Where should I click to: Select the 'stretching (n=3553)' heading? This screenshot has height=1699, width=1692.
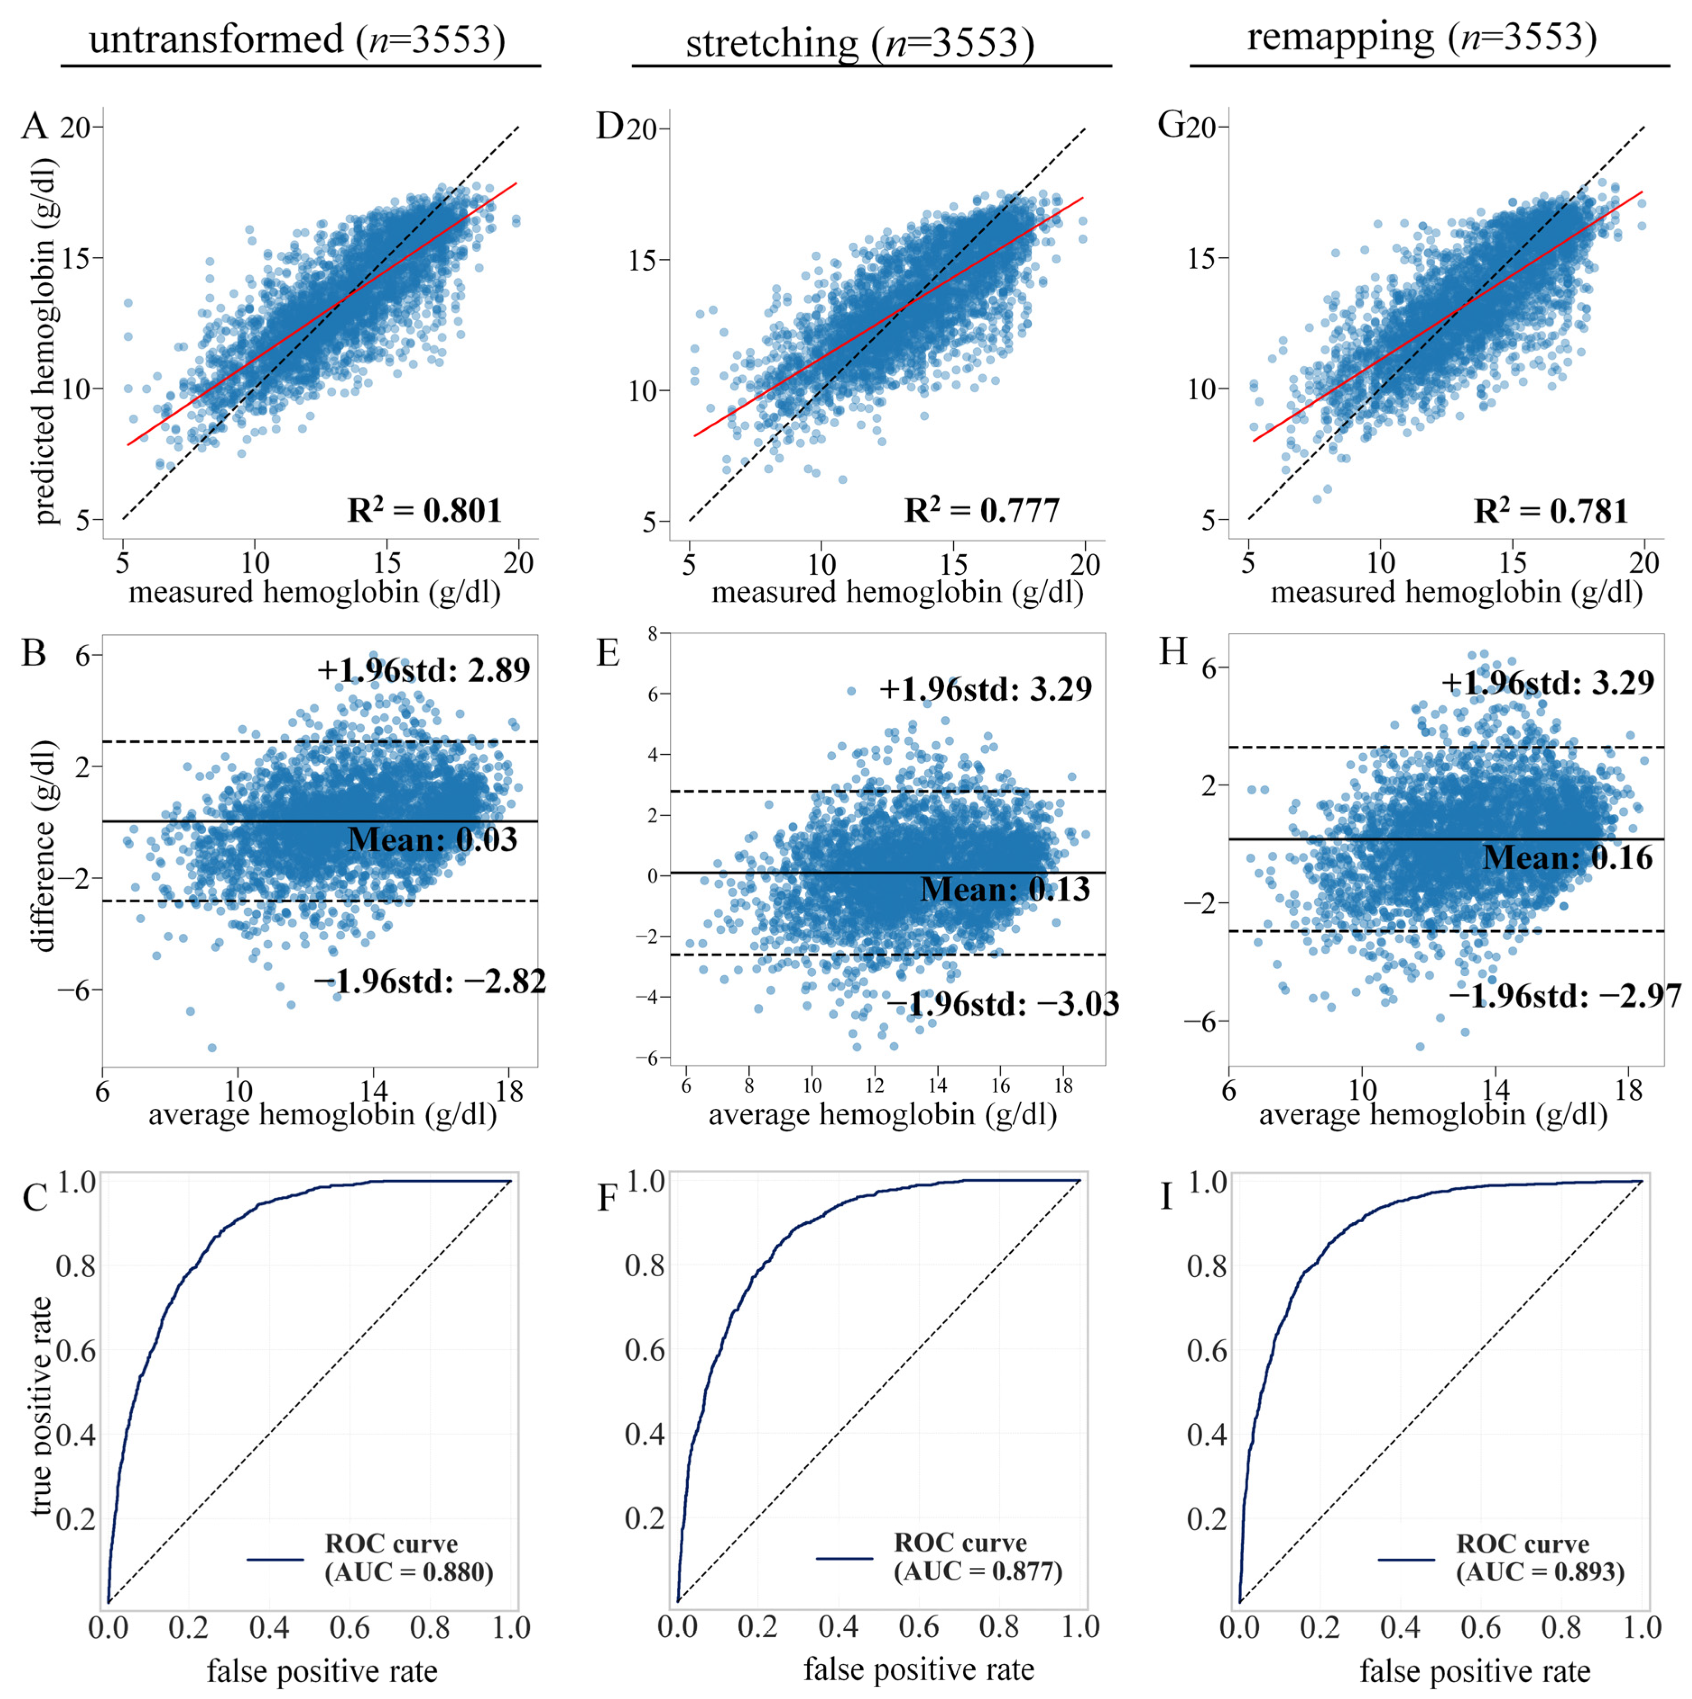pyautogui.click(x=860, y=42)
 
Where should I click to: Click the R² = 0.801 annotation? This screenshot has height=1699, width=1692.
pyautogui.click(x=424, y=509)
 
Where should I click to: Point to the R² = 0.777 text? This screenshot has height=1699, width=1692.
pyautogui.click(x=982, y=509)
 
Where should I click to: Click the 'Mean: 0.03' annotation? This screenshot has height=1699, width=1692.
pyautogui.click(x=433, y=839)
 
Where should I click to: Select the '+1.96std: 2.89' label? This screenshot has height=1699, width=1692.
pyautogui.click(x=424, y=670)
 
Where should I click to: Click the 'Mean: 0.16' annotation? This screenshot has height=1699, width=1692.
pyautogui.click(x=1568, y=858)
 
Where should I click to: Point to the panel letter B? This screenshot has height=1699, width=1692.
pyautogui.click(x=34, y=655)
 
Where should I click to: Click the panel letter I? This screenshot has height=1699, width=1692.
pyautogui.click(x=1167, y=1198)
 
